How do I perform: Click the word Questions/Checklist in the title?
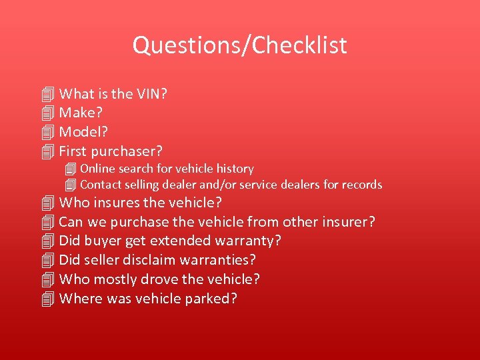point(239,45)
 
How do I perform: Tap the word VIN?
point(150,94)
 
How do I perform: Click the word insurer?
point(347,221)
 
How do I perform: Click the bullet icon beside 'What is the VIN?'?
point(46,94)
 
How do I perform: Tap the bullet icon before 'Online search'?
point(71,169)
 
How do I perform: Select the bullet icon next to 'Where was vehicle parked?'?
point(46,298)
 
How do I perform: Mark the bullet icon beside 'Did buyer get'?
point(46,240)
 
